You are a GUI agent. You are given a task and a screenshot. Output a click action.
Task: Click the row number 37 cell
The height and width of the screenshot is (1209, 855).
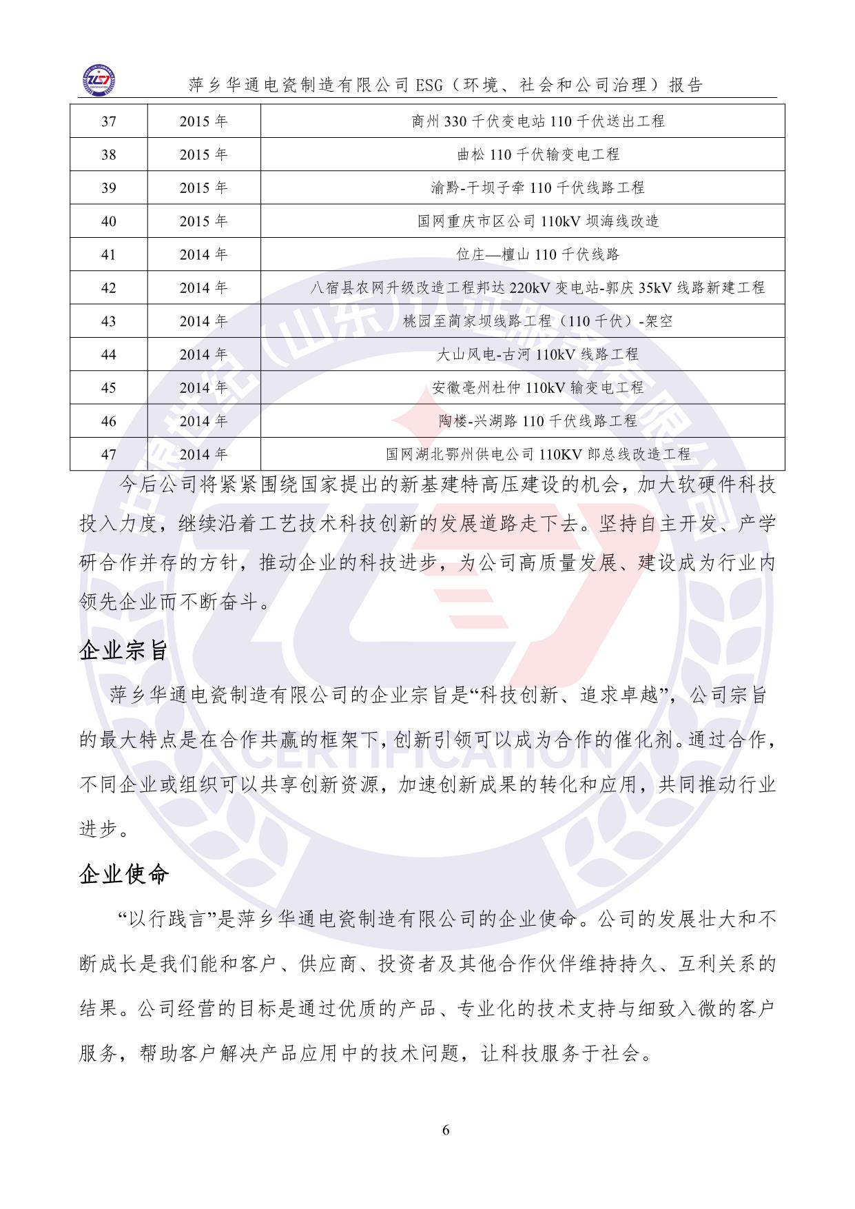click(x=109, y=121)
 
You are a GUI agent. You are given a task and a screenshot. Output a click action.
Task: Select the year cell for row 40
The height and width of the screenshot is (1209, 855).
click(x=203, y=221)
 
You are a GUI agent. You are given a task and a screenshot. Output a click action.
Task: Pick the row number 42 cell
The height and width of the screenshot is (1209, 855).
click(x=109, y=288)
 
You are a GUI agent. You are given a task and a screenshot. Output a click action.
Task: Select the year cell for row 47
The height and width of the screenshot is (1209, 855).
click(x=203, y=455)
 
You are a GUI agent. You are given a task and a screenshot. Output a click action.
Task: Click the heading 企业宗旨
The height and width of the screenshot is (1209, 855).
click(x=124, y=650)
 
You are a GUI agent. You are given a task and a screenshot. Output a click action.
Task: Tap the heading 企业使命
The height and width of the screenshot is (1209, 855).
click(x=124, y=875)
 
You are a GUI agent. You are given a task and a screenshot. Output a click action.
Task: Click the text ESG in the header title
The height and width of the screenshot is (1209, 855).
click(x=431, y=85)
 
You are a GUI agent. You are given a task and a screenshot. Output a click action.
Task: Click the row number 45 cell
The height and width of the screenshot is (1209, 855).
click(x=109, y=388)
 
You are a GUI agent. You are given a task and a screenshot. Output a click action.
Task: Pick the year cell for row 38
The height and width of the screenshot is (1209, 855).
click(x=203, y=154)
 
